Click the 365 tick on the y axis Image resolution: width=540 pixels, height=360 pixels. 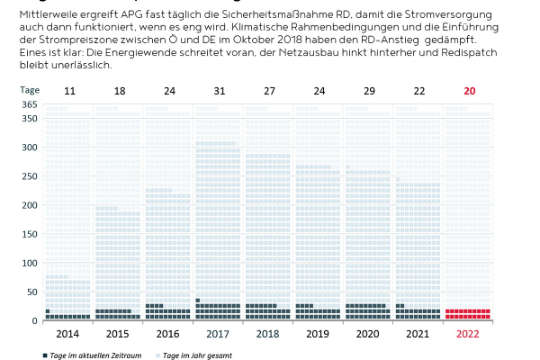point(29,105)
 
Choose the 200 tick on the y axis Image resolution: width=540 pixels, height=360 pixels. point(29,205)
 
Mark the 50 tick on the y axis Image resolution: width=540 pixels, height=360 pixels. point(31,292)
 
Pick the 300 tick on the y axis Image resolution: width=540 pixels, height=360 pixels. point(29,147)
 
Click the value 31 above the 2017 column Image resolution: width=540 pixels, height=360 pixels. point(219,90)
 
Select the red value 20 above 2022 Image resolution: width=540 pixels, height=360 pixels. point(469,90)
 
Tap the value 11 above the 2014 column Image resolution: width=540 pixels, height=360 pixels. point(69,90)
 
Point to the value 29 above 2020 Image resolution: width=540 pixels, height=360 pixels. point(369,90)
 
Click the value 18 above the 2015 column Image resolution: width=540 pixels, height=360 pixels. point(119,90)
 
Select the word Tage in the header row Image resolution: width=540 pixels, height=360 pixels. point(30,90)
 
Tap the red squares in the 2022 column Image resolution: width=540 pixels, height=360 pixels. point(469,314)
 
